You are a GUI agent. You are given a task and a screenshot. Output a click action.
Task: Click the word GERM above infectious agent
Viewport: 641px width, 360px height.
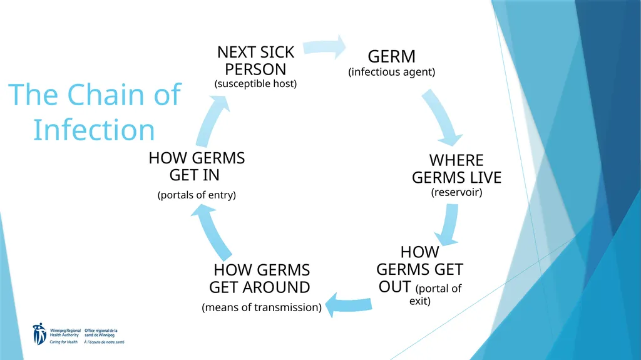pyautogui.click(x=391, y=56)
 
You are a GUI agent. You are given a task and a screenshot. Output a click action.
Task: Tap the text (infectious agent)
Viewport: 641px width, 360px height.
pyautogui.click(x=392, y=72)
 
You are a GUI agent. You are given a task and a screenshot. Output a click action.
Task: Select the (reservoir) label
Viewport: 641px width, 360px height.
pyautogui.click(x=456, y=192)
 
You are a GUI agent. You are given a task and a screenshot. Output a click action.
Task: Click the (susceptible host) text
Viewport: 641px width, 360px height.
pyautogui.click(x=255, y=84)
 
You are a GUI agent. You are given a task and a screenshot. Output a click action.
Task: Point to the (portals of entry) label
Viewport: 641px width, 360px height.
pyautogui.click(x=197, y=195)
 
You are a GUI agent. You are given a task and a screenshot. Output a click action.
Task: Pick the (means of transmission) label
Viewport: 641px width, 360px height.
pyautogui.click(x=262, y=307)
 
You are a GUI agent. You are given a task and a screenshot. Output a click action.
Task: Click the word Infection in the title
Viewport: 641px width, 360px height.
pyautogui.click(x=94, y=130)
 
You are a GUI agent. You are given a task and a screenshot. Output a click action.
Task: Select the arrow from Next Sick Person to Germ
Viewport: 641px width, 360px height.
pyautogui.click(x=324, y=47)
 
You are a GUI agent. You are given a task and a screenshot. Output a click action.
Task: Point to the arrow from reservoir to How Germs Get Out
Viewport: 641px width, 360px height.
pyautogui.click(x=448, y=225)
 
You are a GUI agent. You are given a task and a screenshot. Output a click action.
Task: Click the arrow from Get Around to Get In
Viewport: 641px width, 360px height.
pyautogui.click(x=213, y=232)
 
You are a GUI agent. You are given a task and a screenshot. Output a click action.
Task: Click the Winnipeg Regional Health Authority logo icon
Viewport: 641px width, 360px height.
pyautogui.click(x=39, y=334)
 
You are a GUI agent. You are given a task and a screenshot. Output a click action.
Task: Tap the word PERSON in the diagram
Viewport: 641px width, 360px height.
pyautogui.click(x=255, y=69)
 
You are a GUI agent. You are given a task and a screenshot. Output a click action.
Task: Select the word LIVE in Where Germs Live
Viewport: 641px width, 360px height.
pyautogui.click(x=486, y=178)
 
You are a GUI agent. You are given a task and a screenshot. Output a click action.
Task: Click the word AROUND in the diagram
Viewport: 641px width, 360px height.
pyautogui.click(x=276, y=287)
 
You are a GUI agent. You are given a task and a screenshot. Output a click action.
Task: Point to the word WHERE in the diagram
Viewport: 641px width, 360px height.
pyautogui.click(x=456, y=160)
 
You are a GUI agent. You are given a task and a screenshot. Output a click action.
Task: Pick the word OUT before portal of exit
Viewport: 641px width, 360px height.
pyautogui.click(x=394, y=287)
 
